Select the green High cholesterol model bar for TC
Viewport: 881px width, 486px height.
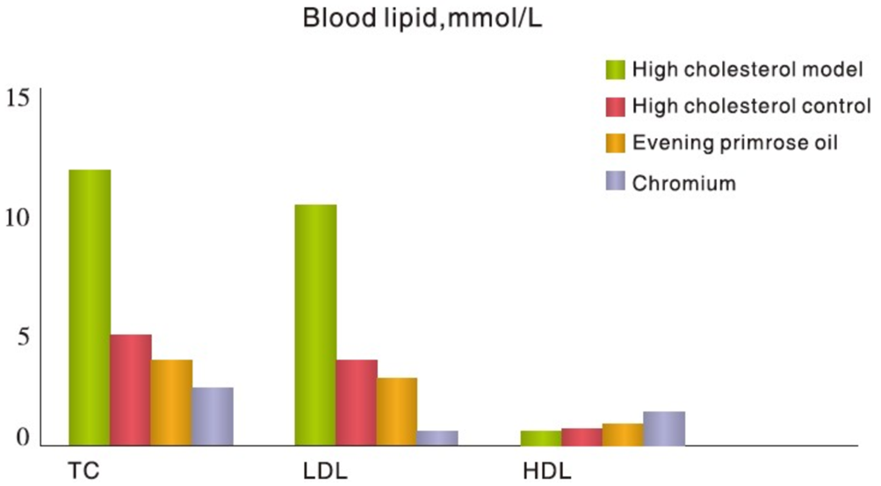click(90, 307)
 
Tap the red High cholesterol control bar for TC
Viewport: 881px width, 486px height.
click(131, 389)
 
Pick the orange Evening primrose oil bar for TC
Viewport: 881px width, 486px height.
click(171, 402)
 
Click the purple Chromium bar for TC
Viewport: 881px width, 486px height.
click(213, 416)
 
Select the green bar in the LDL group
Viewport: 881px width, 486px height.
click(315, 324)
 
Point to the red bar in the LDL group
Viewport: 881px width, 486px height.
click(357, 402)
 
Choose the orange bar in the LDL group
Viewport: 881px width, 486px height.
click(397, 411)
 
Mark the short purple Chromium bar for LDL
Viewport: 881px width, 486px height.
click(437, 438)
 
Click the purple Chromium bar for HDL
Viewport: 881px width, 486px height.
click(664, 428)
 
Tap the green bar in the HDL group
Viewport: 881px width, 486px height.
click(541, 438)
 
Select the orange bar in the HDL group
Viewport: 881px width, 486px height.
click(623, 434)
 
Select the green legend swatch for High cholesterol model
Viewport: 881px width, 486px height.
click(616, 69)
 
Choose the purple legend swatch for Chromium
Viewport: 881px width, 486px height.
click(616, 182)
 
